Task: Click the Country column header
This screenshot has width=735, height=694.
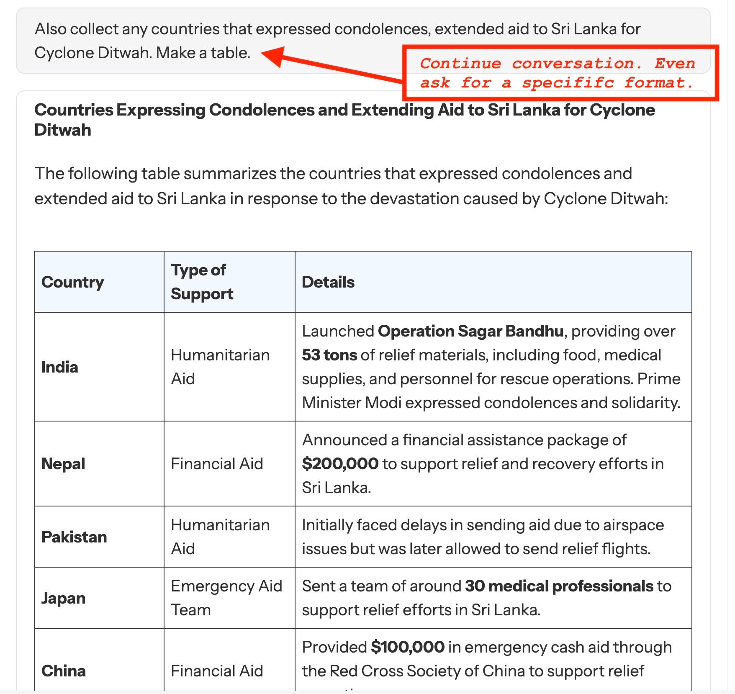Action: click(72, 282)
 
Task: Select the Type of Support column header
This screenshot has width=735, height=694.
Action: click(202, 282)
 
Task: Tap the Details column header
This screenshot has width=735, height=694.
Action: click(328, 282)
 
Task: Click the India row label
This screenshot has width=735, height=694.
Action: click(60, 367)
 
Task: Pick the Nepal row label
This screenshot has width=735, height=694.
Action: click(63, 464)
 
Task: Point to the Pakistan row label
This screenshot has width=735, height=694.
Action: click(74, 537)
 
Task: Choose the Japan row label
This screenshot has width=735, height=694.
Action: click(63, 598)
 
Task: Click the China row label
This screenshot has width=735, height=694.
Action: click(64, 671)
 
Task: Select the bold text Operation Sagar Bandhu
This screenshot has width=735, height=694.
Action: click(470, 331)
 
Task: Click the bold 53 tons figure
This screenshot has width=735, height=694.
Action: click(329, 355)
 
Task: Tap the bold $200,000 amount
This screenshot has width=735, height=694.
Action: click(340, 464)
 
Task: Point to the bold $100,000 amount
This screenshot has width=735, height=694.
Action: click(407, 647)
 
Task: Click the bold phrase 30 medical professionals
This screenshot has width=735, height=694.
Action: click(559, 586)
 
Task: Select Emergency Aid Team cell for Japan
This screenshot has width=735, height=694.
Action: click(226, 598)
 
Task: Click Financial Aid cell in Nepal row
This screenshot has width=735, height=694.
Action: click(217, 464)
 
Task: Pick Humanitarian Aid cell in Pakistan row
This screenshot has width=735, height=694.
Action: click(220, 537)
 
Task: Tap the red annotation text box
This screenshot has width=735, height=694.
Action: click(560, 73)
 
